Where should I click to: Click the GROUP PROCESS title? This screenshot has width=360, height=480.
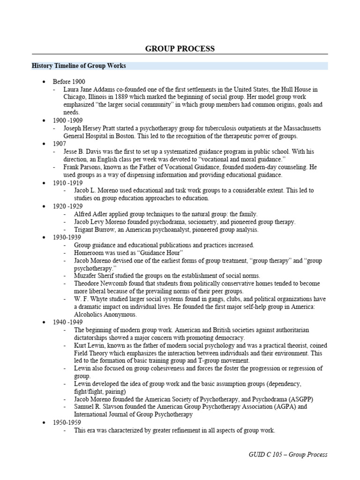[x=180, y=49]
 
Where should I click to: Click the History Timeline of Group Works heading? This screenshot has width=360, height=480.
[x=78, y=66]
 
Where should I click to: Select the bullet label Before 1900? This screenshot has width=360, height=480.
[x=69, y=81]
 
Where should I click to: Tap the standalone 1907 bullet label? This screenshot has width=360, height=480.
[x=60, y=144]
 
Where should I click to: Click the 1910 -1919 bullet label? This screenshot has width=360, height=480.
[x=68, y=183]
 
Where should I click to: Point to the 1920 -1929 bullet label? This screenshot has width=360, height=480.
[x=68, y=206]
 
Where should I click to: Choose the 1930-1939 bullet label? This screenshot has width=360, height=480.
[x=67, y=237]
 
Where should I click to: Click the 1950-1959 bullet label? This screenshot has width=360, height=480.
[x=67, y=422]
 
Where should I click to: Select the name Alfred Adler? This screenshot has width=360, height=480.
[x=90, y=214]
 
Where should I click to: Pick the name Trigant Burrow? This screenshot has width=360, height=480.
[x=94, y=230]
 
